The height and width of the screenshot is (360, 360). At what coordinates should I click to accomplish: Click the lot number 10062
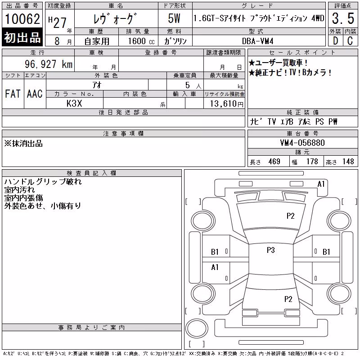22,18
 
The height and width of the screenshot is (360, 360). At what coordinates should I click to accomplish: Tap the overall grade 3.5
343,18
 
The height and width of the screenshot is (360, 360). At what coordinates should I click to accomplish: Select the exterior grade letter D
335,41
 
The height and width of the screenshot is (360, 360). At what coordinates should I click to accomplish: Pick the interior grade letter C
350,41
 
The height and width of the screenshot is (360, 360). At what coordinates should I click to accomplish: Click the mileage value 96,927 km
49,64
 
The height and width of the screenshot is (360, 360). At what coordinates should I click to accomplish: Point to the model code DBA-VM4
257,41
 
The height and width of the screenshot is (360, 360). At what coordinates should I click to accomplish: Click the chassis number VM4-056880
302,143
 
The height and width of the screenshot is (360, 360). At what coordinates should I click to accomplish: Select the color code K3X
74,103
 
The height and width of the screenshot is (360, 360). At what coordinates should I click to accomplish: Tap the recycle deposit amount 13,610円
226,103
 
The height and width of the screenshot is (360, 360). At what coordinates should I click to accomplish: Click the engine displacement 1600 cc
141,41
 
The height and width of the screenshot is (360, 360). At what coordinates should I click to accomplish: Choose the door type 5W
174,18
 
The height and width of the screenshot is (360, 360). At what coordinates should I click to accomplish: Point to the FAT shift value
13,94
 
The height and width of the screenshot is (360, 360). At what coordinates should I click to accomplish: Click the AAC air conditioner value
35,94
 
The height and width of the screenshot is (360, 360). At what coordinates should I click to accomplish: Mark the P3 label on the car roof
271,250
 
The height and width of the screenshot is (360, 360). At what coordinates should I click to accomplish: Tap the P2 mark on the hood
290,216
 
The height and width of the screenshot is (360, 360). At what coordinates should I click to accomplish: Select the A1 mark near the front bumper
321,184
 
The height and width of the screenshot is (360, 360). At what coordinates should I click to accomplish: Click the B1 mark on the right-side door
326,252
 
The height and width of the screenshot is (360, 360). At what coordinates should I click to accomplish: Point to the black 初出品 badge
22,37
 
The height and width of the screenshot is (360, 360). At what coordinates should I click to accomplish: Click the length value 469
274,162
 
